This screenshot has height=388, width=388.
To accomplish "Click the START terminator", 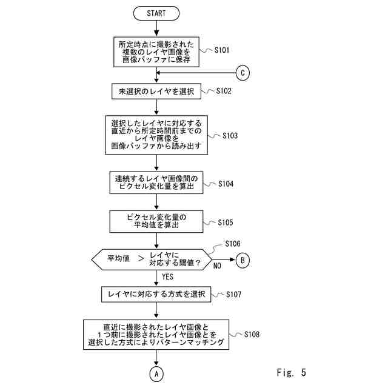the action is click(156, 13).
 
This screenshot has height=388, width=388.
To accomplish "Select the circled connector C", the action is click(242, 73).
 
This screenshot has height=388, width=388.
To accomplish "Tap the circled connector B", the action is click(242, 260).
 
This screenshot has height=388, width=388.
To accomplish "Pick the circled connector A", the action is click(156, 374).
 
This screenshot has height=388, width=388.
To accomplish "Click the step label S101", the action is click(222, 50).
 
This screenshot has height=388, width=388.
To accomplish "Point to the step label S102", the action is click(224, 91).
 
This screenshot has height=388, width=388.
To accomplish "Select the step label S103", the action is click(230, 136).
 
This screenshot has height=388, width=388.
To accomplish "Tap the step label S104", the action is click(226, 184).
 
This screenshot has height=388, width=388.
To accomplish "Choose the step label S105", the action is click(226, 222).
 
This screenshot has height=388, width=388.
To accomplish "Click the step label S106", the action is click(233, 244).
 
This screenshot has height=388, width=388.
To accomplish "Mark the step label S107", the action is click(233, 295).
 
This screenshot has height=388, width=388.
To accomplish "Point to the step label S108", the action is click(252, 334).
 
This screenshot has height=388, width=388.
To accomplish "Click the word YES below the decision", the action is click(167, 276).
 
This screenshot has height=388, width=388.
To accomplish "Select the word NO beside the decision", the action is click(217, 266).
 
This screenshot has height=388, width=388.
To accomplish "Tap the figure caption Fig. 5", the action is click(292, 372).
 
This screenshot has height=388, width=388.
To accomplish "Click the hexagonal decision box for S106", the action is click(152, 259).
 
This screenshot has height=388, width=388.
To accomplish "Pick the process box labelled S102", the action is click(156, 92).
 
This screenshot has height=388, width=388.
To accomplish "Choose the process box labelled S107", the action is click(156, 294).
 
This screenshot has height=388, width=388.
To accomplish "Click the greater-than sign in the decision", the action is click(141, 259).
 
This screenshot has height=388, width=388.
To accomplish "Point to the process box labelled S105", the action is click(156, 221).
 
